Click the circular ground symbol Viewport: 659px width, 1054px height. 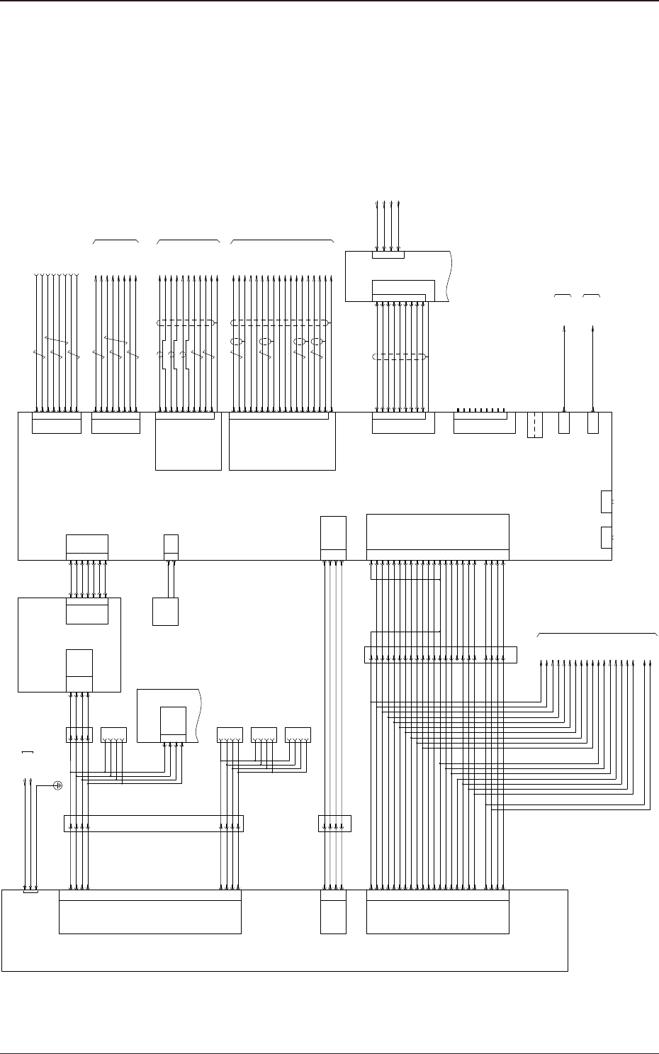tap(59, 786)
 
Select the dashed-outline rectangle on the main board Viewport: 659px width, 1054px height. tap(535, 425)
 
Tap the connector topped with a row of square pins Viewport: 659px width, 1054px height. tap(484, 422)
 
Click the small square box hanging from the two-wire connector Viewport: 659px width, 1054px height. tap(165, 612)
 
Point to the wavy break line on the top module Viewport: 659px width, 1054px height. tap(448, 276)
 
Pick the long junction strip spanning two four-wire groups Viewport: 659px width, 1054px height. tap(154, 824)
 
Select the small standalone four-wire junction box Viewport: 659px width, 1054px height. tap(335, 824)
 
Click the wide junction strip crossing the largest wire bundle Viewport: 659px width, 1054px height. tap(440, 655)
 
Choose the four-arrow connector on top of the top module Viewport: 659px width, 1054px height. tap(388, 254)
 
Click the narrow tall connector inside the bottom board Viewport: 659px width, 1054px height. tap(333, 912)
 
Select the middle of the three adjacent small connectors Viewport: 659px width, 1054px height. tap(264, 735)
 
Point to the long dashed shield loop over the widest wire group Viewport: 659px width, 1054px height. tap(281, 323)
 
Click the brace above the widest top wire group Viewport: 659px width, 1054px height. tap(282, 241)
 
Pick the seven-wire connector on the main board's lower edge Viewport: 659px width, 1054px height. tap(87, 547)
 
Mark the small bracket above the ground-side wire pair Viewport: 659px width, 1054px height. tap(28, 751)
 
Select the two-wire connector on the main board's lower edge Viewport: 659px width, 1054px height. tap(171, 546)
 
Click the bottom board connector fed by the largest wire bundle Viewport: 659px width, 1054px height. tap(438, 912)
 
